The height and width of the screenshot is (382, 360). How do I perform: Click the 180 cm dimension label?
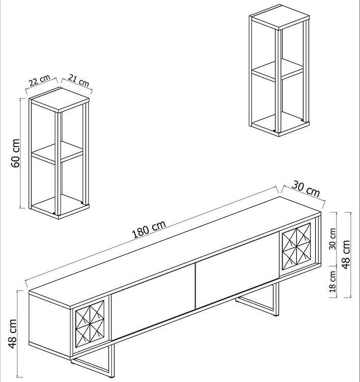click(149, 231)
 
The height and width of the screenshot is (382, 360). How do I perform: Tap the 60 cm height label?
click(15, 153)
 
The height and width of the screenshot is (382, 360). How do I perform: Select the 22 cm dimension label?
click(39, 81)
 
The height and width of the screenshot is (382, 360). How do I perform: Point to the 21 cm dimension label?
click(78, 80)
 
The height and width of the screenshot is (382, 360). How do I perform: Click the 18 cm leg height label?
click(333, 283)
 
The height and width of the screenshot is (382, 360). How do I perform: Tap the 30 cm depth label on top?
click(306, 189)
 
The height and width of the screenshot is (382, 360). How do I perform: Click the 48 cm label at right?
click(347, 255)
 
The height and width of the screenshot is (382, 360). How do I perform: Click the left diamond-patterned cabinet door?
click(90, 324)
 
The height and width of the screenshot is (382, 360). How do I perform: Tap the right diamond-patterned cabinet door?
click(296, 247)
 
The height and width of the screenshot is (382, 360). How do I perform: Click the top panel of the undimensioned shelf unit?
click(280, 17)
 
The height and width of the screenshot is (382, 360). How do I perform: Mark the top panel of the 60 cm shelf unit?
click(59, 99)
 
